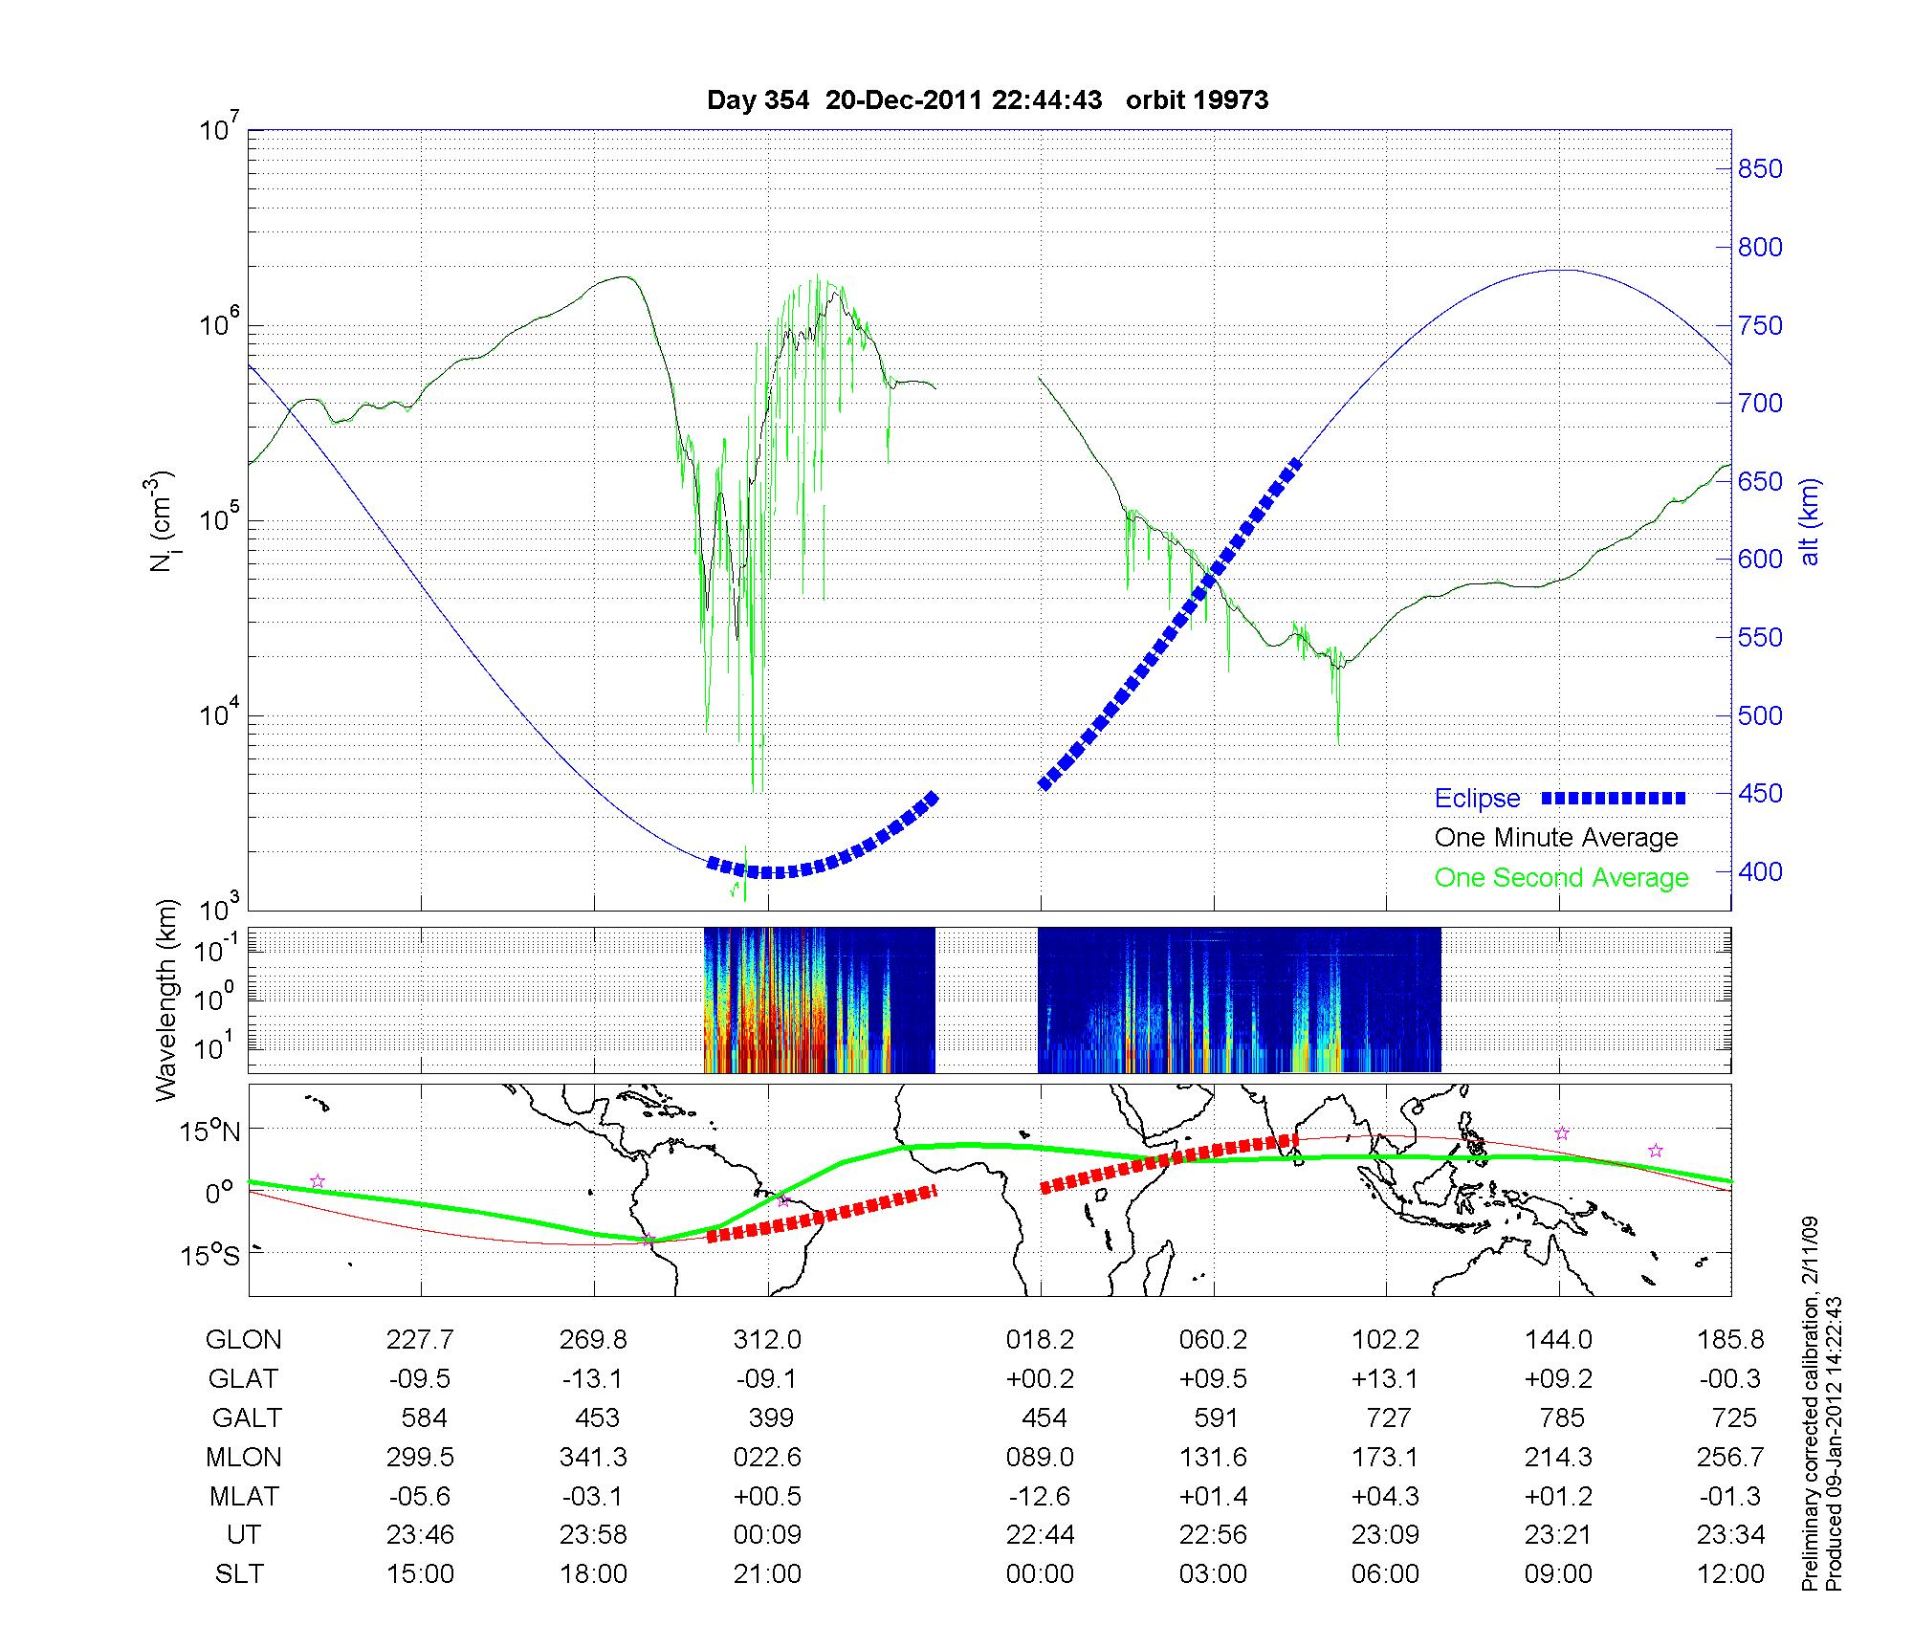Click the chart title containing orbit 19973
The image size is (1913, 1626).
[987, 100]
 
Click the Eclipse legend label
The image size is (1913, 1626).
[1477, 799]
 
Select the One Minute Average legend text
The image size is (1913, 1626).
[1556, 838]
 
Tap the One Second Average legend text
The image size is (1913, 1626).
[1561, 878]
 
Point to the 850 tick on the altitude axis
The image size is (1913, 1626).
[1760, 169]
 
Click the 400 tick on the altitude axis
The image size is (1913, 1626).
[1760, 871]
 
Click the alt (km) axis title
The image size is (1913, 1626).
[1810, 521]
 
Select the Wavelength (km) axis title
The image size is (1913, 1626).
[166, 1000]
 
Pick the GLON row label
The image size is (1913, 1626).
[243, 1340]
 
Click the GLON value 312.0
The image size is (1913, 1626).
[767, 1340]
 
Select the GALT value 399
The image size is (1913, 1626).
[771, 1417]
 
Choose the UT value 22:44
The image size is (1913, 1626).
[1040, 1535]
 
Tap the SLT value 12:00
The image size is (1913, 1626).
[1731, 1574]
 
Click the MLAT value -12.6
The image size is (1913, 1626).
[1040, 1496]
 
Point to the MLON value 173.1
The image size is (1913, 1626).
[1386, 1457]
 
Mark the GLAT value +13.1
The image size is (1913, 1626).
[1386, 1379]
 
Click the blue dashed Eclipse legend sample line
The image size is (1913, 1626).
[1614, 798]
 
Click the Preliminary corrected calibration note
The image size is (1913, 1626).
[1809, 1405]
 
